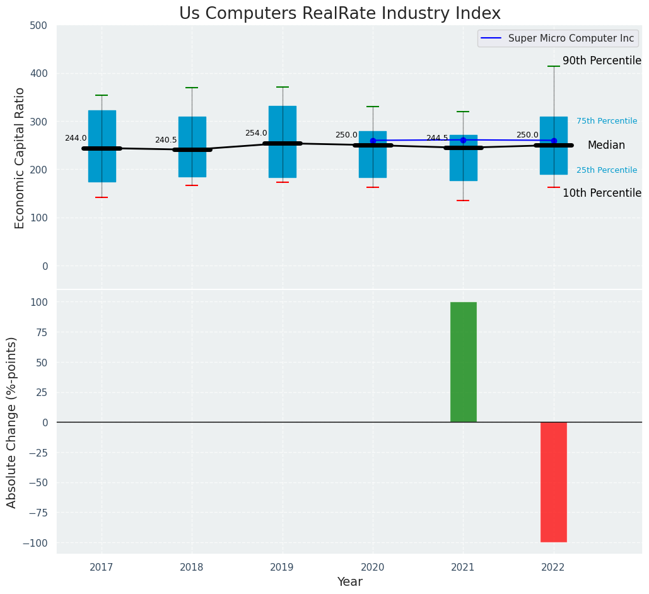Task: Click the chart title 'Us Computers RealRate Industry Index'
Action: point(339,14)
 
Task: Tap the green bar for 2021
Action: point(463,362)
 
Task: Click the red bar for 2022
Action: point(553,482)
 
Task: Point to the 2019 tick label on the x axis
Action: point(282,568)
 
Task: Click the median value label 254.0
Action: point(256,133)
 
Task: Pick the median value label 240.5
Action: point(166,140)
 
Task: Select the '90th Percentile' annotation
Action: point(602,61)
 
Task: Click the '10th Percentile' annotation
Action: point(602,194)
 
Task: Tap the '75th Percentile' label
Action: point(606,121)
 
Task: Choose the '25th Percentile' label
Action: point(606,170)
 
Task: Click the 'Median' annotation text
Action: point(606,146)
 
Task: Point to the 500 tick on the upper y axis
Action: point(38,26)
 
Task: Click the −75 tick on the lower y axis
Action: point(35,513)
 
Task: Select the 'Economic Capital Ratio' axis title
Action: point(20,158)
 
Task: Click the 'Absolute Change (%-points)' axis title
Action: point(12,422)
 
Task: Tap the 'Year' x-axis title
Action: point(349,582)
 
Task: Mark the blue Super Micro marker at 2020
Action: point(373,141)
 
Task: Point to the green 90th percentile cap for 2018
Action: point(192,88)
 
